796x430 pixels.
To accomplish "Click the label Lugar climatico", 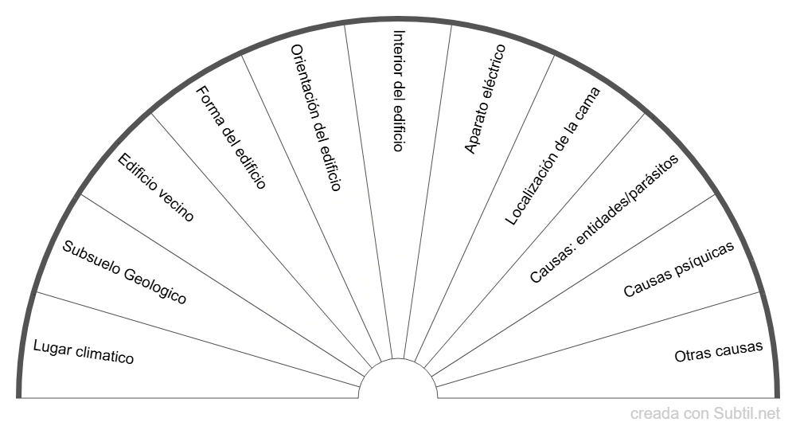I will point(84,352).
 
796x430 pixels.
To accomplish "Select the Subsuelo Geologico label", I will point(124,272).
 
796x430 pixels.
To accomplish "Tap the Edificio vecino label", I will point(155,188).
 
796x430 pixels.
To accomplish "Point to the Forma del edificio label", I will point(231,136).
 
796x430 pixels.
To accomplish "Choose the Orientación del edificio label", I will point(316,118).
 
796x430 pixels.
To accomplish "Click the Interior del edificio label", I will point(399,91).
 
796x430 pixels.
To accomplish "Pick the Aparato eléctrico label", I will point(485,99).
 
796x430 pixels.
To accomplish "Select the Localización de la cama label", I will point(553,156).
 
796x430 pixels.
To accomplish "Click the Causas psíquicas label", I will point(679,270).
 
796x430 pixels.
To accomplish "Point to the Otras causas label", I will point(719,351).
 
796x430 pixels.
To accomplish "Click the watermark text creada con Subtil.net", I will point(705,413).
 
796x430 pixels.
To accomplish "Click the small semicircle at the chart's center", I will point(398,380).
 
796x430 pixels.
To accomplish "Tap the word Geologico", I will point(155,286).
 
